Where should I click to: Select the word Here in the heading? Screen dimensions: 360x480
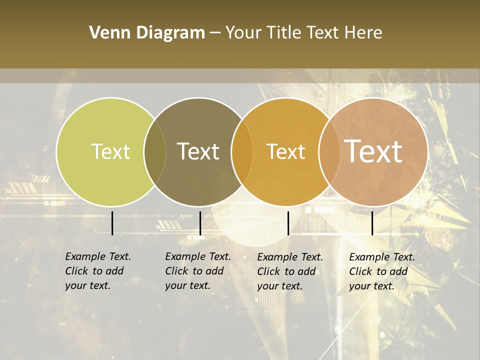click(363, 33)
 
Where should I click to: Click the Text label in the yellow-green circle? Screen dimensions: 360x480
click(110, 151)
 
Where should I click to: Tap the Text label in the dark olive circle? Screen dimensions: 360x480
click(198, 151)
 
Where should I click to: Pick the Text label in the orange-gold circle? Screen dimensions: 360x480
click(285, 151)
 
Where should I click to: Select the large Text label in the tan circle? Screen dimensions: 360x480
click(373, 151)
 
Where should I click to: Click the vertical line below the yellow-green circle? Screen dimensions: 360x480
click(112, 223)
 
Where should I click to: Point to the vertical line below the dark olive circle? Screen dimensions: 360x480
click(200, 223)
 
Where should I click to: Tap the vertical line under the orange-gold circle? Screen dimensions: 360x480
click(288, 223)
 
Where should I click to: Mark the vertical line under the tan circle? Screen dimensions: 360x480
click(372, 223)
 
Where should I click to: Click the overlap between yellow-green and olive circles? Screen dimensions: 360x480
click(155, 152)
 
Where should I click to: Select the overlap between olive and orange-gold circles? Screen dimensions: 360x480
click(242, 152)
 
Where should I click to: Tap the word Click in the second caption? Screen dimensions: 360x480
click(176, 271)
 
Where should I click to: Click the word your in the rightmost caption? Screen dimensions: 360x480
click(360, 286)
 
